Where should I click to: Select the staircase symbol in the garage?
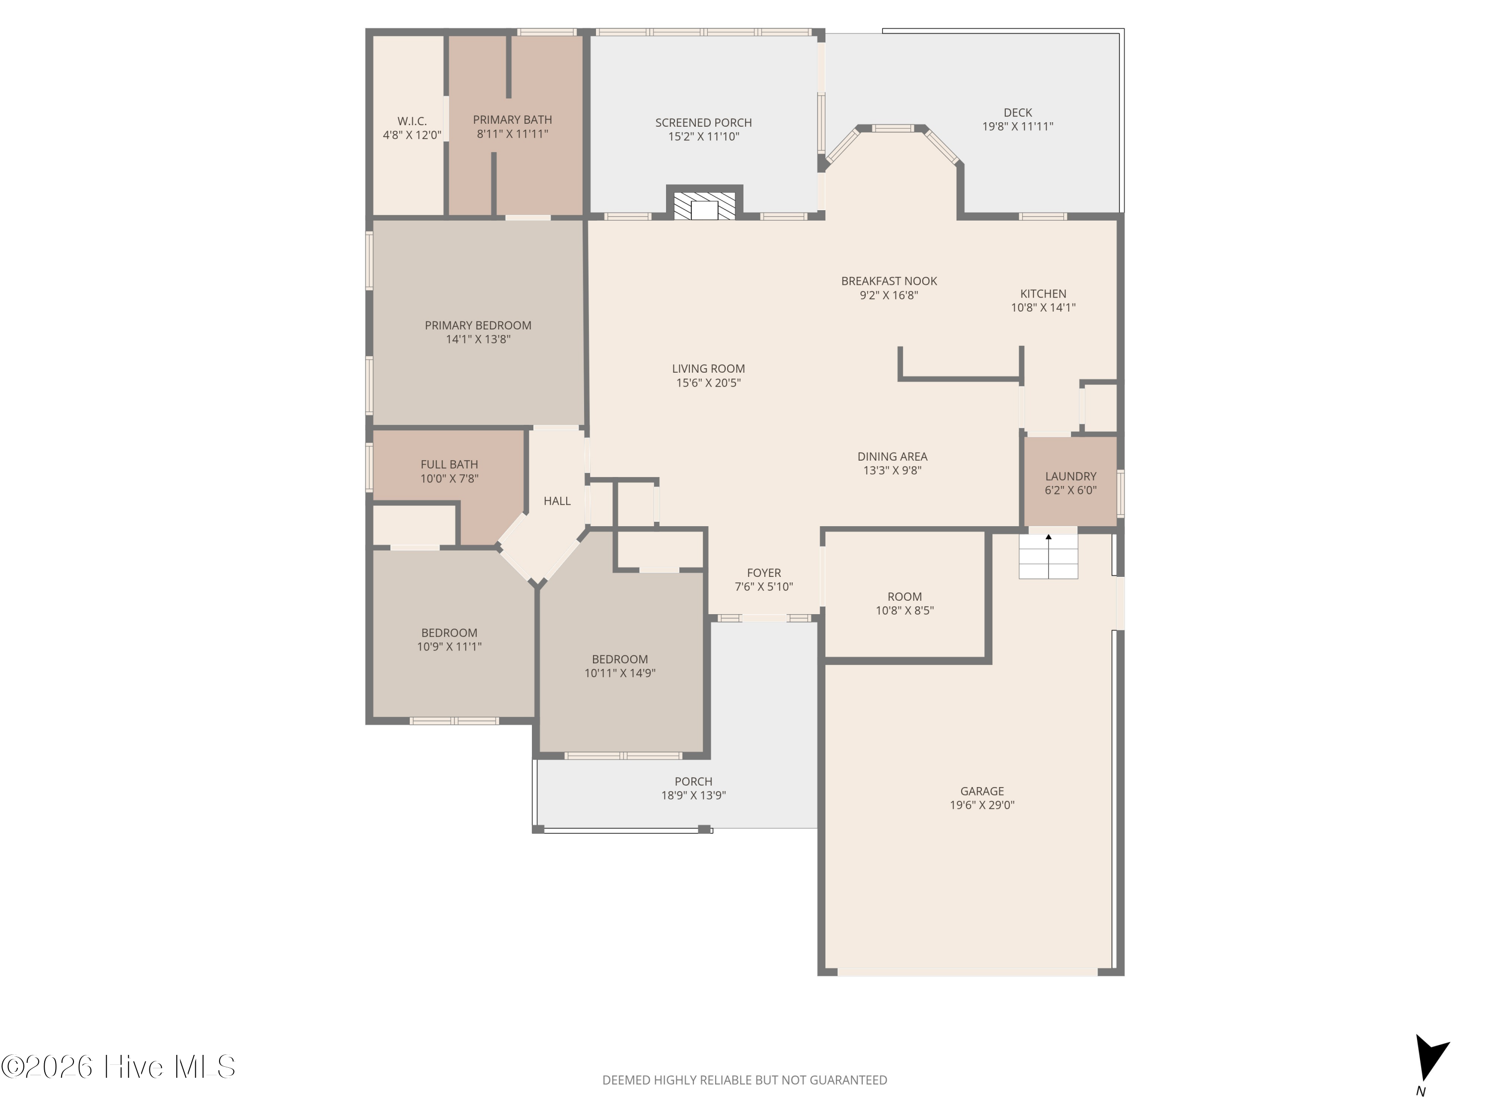point(1048,556)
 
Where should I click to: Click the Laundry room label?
point(1070,477)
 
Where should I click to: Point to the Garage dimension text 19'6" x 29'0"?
point(982,804)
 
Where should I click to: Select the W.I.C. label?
point(412,121)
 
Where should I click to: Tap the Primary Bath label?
point(512,120)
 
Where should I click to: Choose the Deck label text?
point(1018,112)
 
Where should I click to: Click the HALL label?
point(557,501)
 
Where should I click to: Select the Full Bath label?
point(449,464)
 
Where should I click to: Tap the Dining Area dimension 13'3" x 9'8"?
point(893,471)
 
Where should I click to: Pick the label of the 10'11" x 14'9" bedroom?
point(620,659)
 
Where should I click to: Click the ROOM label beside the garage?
point(904,596)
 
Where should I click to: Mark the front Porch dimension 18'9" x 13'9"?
point(693,795)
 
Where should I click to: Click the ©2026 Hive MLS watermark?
point(119,1067)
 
